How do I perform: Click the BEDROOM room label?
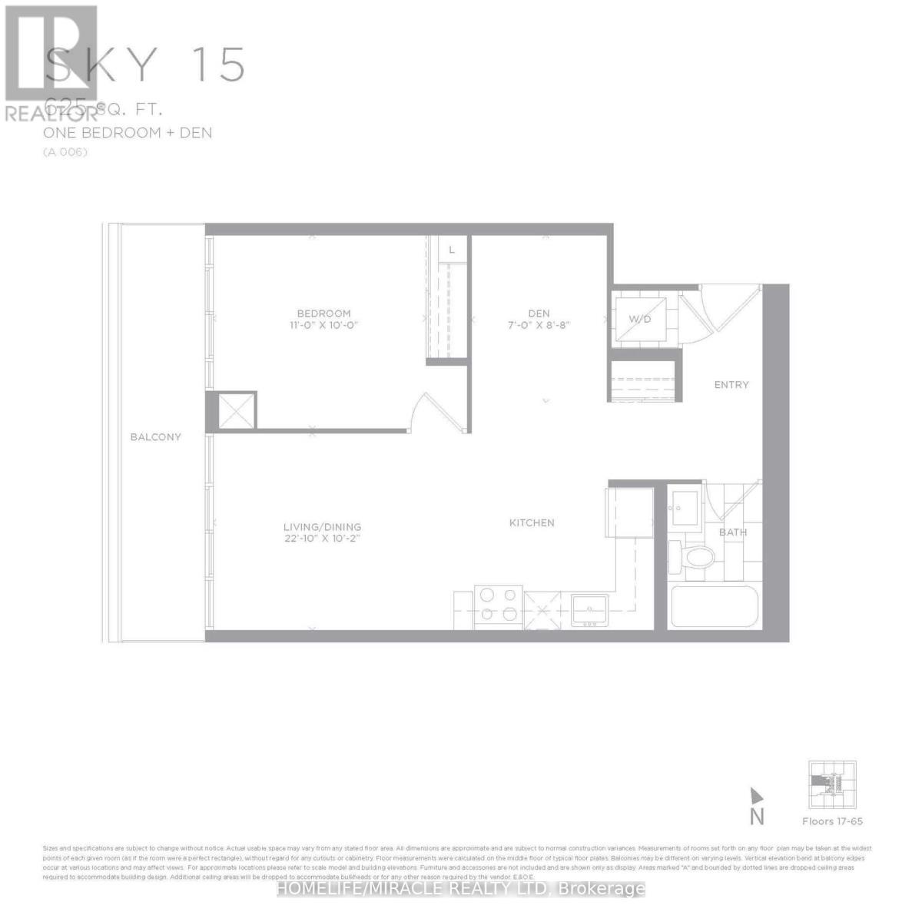pyautogui.click(x=323, y=313)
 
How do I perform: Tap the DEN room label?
pyautogui.click(x=539, y=313)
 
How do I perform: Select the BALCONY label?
pyautogui.click(x=155, y=437)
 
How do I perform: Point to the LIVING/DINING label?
pyautogui.click(x=322, y=527)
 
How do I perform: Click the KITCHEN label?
pyautogui.click(x=532, y=522)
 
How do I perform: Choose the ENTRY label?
pyautogui.click(x=731, y=385)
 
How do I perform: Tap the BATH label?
pyautogui.click(x=732, y=532)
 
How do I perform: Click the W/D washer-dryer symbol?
pyautogui.click(x=640, y=319)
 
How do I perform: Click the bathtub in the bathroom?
pyautogui.click(x=715, y=607)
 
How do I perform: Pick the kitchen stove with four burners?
pyautogui.click(x=499, y=604)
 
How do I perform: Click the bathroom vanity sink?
pyautogui.click(x=685, y=506)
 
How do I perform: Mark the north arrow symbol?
pyautogui.click(x=757, y=796)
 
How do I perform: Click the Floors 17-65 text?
pyautogui.click(x=832, y=821)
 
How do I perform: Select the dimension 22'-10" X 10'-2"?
pyautogui.click(x=322, y=539)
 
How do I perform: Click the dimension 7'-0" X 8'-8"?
pyautogui.click(x=539, y=325)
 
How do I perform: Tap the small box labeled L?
pyautogui.click(x=452, y=250)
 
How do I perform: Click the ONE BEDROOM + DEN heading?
pyautogui.click(x=128, y=133)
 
